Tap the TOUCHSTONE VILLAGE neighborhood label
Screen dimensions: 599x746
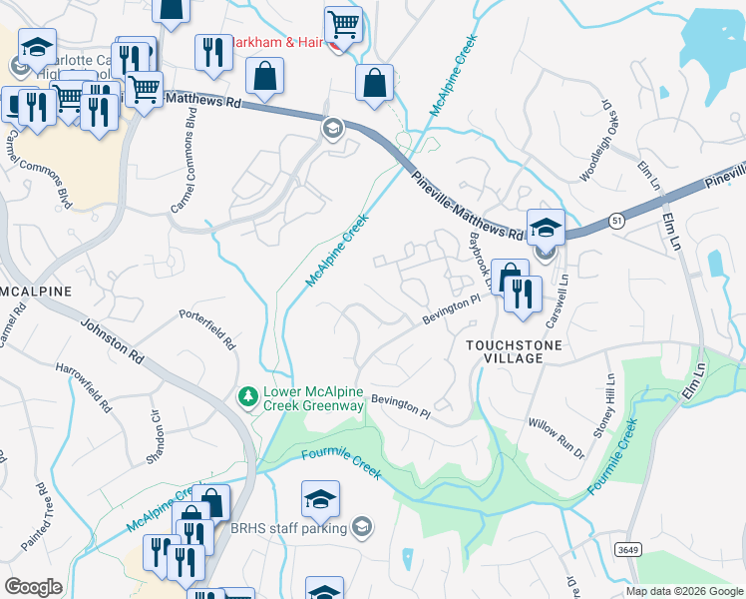pos(515,351)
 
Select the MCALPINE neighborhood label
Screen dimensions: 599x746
pos(36,291)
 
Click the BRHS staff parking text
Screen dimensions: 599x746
pos(288,528)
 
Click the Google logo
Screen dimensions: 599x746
pos(33,586)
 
